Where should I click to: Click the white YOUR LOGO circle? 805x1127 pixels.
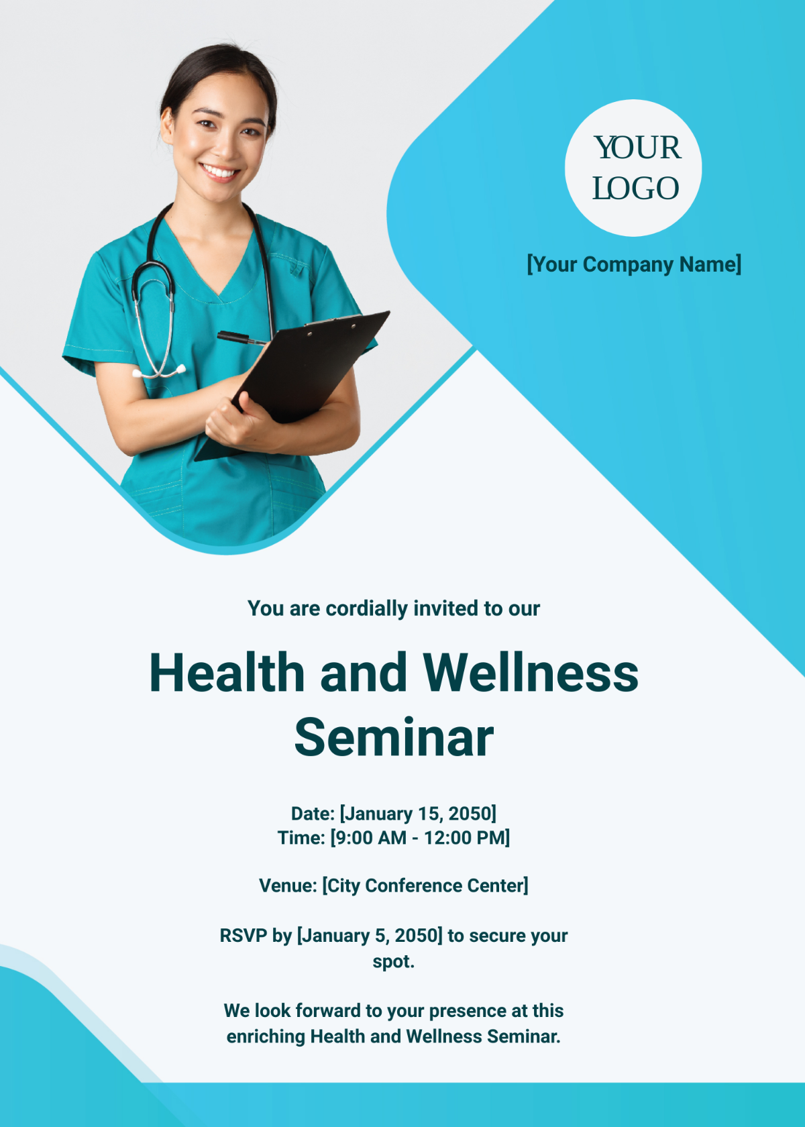tap(633, 168)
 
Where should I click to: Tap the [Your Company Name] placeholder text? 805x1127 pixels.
tap(634, 264)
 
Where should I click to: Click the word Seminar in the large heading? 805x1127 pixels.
tap(394, 737)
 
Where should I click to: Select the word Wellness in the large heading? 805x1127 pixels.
tap(530, 673)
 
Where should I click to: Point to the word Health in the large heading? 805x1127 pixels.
tap(227, 673)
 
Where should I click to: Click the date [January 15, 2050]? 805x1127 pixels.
tap(418, 814)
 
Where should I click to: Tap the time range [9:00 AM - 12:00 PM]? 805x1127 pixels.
tap(420, 838)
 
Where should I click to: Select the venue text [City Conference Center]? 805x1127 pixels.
tap(425, 885)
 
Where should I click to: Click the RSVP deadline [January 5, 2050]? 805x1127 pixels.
tap(370, 936)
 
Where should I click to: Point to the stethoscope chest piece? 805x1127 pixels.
tap(178, 370)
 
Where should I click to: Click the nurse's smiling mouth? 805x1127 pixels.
tap(219, 172)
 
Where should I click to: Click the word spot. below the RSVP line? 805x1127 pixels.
tap(394, 961)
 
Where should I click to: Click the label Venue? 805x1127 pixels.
tap(288, 885)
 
